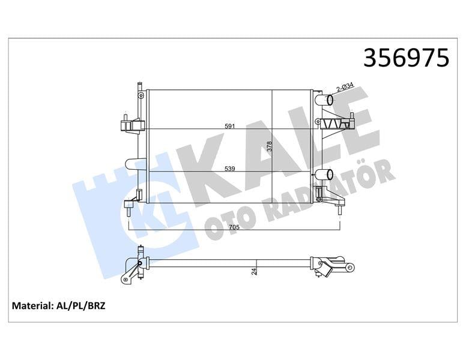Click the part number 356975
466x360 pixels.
pos(407,58)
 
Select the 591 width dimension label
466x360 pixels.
pos(229,127)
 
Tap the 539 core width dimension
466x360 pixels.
pos(229,169)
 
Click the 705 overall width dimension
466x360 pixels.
pos(234,227)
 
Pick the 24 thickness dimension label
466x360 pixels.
pos(255,271)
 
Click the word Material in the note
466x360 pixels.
pos(32,306)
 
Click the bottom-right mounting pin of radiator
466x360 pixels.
pos(339,208)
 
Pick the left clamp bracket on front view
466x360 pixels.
pos(132,125)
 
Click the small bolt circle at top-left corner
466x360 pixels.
pos(141,95)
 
